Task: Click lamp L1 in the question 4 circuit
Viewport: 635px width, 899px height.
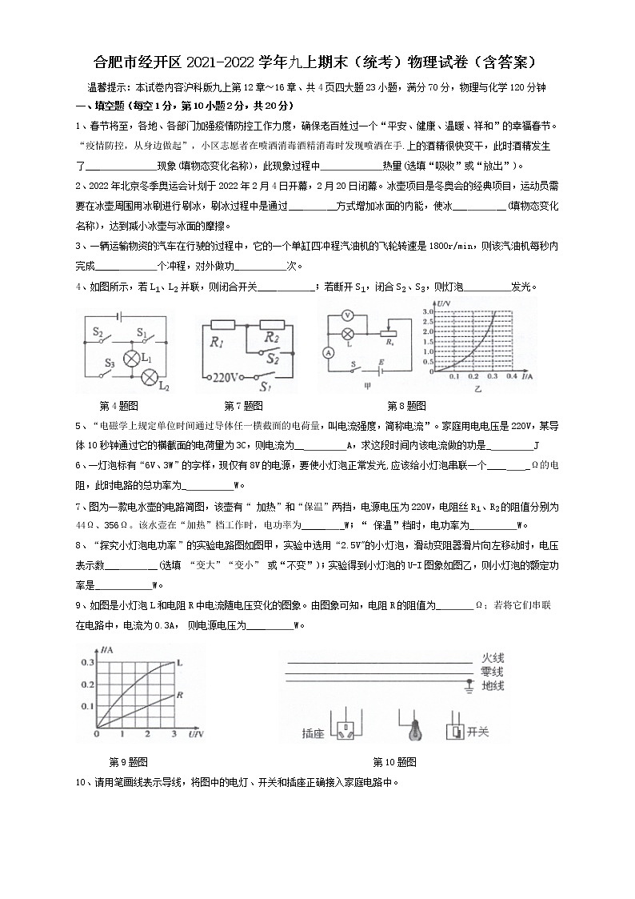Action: [x=131, y=357]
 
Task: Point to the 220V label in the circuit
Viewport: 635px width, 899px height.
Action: [x=226, y=376]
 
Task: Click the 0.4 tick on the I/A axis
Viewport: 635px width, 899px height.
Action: [x=513, y=375]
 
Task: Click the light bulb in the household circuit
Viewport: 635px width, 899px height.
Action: [x=414, y=731]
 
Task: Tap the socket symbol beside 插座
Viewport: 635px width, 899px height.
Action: [x=346, y=731]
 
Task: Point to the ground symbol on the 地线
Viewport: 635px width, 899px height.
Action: [x=468, y=687]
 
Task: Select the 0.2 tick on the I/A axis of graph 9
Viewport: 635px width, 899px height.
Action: [x=86, y=685]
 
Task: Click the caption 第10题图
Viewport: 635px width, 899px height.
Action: [x=394, y=761]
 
